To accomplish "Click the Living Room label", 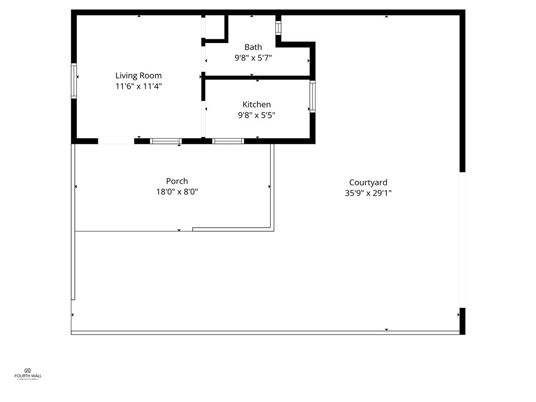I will [139, 75].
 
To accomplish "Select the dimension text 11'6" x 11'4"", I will [139, 86].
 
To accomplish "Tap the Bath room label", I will [253, 47].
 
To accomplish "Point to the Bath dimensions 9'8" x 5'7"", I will [253, 58].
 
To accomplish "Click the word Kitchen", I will [256, 104].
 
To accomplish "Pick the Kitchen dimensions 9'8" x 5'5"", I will [256, 115].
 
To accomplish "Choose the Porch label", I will [177, 181].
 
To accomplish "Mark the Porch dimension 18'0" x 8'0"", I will [177, 192].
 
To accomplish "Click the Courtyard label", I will [368, 182].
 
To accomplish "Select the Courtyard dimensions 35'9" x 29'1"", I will [368, 193].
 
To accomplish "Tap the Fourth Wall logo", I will [28, 373].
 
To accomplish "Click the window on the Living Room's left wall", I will [74, 81].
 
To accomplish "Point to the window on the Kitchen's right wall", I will [312, 96].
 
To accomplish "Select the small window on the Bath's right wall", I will [278, 28].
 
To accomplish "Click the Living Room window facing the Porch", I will [165, 141].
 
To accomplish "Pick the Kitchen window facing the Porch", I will [228, 141].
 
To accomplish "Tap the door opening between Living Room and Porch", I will [116, 141].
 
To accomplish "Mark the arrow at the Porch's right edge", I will [270, 186].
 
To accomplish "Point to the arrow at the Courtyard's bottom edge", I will [386, 329].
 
